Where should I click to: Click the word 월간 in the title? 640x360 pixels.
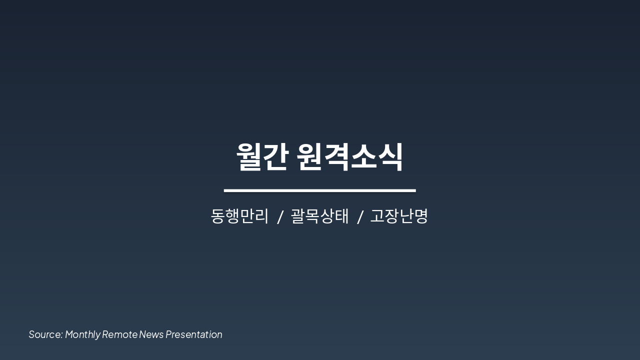(x=261, y=157)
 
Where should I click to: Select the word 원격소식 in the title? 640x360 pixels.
(x=349, y=157)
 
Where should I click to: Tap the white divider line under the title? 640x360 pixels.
(x=319, y=190)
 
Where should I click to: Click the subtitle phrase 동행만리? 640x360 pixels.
(x=240, y=216)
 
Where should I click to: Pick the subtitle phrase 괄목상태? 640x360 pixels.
(x=320, y=216)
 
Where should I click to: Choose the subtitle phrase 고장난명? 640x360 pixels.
(x=399, y=216)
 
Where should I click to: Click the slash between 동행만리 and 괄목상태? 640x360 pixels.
(x=280, y=217)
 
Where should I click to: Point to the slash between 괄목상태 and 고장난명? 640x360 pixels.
(x=359, y=217)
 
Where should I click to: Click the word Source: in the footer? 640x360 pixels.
(x=45, y=334)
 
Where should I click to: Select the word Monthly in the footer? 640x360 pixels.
(x=82, y=334)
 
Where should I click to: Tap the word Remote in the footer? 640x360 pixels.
(x=119, y=334)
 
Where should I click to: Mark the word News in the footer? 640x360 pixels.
(x=151, y=334)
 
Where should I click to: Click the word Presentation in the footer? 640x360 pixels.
(x=194, y=334)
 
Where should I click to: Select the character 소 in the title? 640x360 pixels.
(x=363, y=157)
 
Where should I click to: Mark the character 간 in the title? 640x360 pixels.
(x=275, y=157)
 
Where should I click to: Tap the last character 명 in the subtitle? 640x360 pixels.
(x=421, y=216)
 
